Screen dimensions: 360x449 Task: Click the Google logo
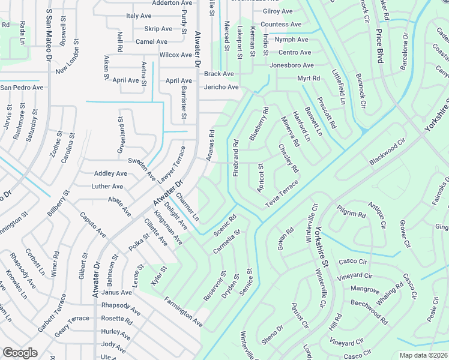tap(20, 353)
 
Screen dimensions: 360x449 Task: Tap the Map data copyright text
tap(423, 355)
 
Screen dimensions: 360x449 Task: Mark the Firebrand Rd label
tap(236, 158)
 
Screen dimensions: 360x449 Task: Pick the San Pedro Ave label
tap(22, 87)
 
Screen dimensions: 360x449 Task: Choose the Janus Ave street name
tap(116, 292)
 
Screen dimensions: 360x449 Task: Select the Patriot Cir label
tap(300, 316)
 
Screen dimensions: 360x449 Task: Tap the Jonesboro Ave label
tap(292, 65)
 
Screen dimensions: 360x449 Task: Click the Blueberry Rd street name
tap(259, 124)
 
